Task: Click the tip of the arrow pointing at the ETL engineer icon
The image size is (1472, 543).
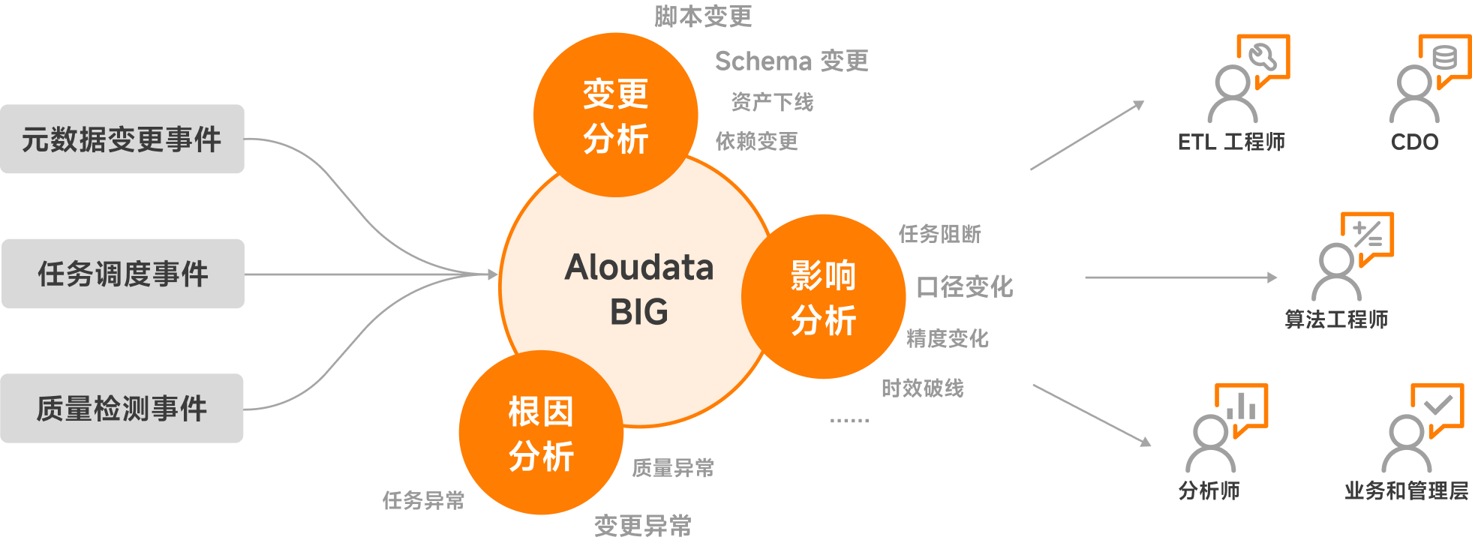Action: click(1144, 101)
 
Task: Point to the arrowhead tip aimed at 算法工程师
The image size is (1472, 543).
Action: click(1277, 277)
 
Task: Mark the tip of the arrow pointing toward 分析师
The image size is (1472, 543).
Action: click(1151, 445)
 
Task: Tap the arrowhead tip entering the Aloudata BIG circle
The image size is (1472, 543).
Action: click(498, 274)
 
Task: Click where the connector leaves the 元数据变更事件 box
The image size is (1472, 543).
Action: click(245, 139)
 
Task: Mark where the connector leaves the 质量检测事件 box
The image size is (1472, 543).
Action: click(244, 409)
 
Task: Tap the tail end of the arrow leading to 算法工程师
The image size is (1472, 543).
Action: click(1086, 277)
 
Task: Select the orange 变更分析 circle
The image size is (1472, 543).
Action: click(616, 115)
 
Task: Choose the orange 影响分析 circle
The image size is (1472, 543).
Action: click(823, 296)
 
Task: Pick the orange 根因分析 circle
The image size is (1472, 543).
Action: click(541, 432)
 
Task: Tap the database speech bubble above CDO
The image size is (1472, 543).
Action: click(1445, 58)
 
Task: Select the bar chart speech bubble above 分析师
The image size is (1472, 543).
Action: click(1242, 408)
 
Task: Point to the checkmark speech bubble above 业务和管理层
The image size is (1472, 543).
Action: click(1437, 408)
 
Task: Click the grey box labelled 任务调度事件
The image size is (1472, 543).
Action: click(123, 274)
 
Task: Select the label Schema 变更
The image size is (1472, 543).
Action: click(792, 61)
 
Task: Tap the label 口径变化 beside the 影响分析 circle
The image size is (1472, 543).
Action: click(965, 286)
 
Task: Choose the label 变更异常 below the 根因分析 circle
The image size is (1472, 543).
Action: click(643, 526)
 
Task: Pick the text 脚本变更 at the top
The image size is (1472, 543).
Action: click(703, 16)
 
